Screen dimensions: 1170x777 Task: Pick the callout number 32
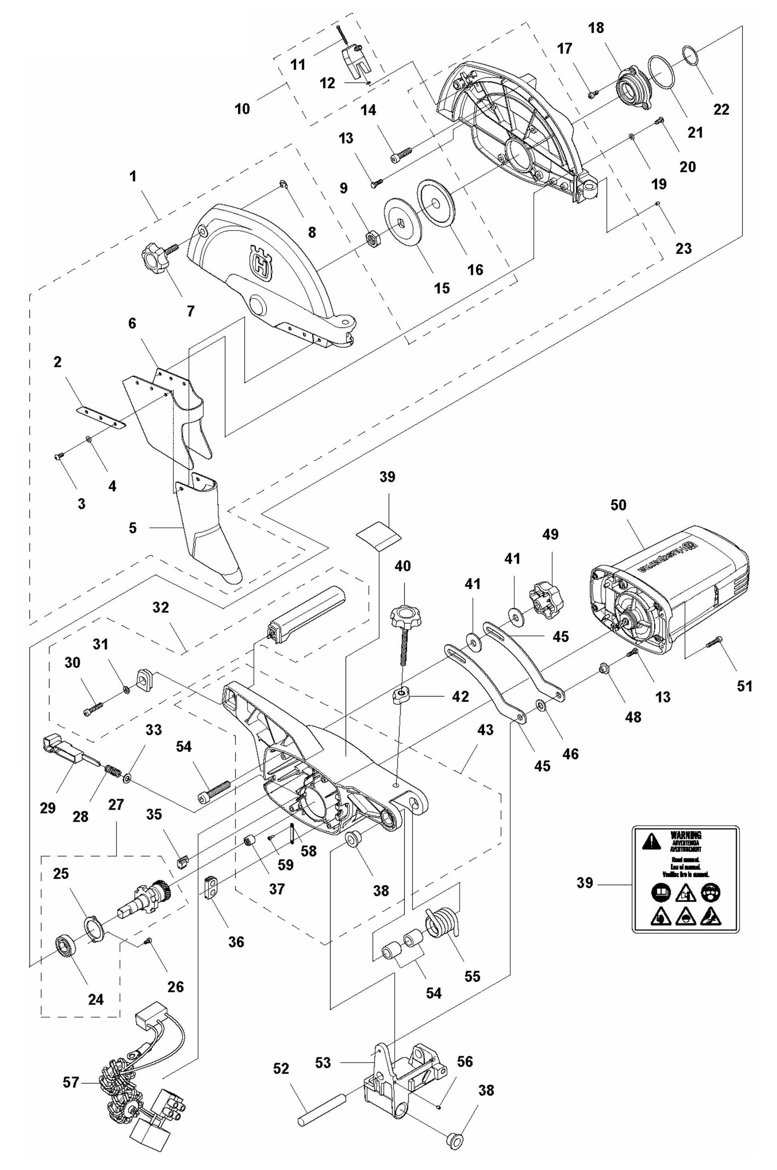pos(161,607)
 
